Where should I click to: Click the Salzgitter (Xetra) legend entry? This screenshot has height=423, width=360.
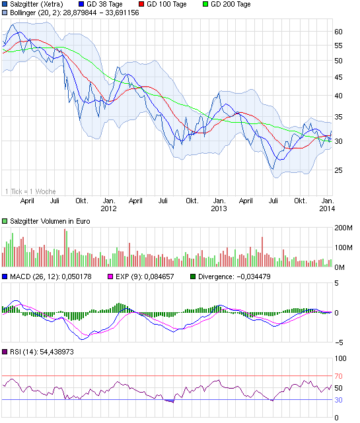point(36,4)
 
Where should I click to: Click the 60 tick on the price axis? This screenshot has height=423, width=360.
point(338,32)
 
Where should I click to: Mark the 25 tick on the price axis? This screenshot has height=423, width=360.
point(338,170)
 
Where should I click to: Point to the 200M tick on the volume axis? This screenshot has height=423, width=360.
point(344,228)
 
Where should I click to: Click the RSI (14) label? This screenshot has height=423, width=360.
point(40,352)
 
